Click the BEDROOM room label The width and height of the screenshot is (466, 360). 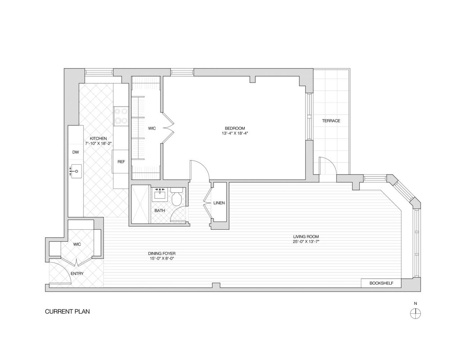pyautogui.click(x=235, y=128)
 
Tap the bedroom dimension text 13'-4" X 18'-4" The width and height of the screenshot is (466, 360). pyautogui.click(x=235, y=133)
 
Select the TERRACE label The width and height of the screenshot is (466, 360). pyautogui.click(x=331, y=121)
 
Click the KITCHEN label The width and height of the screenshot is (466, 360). pyautogui.click(x=98, y=138)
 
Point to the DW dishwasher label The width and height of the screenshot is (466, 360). pyautogui.click(x=75, y=152)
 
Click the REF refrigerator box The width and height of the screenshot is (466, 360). pyautogui.click(x=121, y=162)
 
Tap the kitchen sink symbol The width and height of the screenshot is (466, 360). pyautogui.click(x=76, y=171)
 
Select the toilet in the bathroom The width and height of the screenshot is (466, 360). pyautogui.click(x=176, y=198)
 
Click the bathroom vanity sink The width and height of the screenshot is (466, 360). pyautogui.click(x=159, y=195)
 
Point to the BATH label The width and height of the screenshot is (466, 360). pyautogui.click(x=159, y=210)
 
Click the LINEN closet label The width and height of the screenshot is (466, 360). pyautogui.click(x=219, y=203)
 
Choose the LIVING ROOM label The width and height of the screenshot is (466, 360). pyautogui.click(x=306, y=237)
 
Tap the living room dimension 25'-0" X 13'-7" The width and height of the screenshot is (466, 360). pyautogui.click(x=306, y=242)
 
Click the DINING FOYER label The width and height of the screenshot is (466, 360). pyautogui.click(x=163, y=253)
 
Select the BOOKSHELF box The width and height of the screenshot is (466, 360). pyautogui.click(x=381, y=283)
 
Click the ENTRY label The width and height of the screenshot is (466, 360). pyautogui.click(x=77, y=274)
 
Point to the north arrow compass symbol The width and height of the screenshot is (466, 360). pyautogui.click(x=416, y=314)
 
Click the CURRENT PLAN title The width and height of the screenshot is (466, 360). pyautogui.click(x=67, y=311)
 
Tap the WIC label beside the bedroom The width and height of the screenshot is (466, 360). pyautogui.click(x=152, y=128)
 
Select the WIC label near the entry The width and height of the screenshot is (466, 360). pyautogui.click(x=77, y=244)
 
